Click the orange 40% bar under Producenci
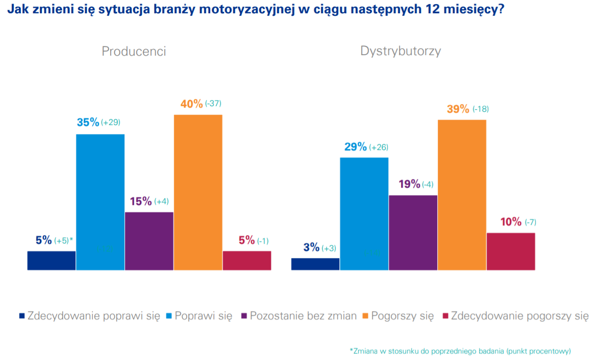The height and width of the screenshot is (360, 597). pos(198,192)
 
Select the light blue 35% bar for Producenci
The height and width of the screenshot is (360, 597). pos(101,202)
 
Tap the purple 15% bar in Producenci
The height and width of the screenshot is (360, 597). pos(149,241)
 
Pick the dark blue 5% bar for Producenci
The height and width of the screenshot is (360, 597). pos(52,260)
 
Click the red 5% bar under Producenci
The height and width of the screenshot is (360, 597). pos(247,260)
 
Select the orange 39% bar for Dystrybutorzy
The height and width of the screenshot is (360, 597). pos(462,195)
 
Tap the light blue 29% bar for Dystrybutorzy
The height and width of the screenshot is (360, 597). pos(364,214)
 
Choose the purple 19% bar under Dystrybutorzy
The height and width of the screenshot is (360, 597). pos(413,233)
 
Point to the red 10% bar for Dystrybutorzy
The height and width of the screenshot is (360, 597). pos(511,251)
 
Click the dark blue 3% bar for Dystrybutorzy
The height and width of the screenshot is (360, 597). pos(315,264)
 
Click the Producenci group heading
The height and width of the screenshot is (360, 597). pos(134,52)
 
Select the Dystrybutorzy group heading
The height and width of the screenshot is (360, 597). pos(401,51)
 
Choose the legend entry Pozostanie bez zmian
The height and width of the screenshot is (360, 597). pos(303,316)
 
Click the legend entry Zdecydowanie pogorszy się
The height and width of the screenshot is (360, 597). pos(519,316)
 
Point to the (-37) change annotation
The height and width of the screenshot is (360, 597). pos(213,104)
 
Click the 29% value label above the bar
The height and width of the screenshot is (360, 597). pos(356,147)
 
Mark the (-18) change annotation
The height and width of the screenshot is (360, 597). pos(481,109)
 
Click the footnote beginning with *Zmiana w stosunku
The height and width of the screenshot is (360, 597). pos(460,351)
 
